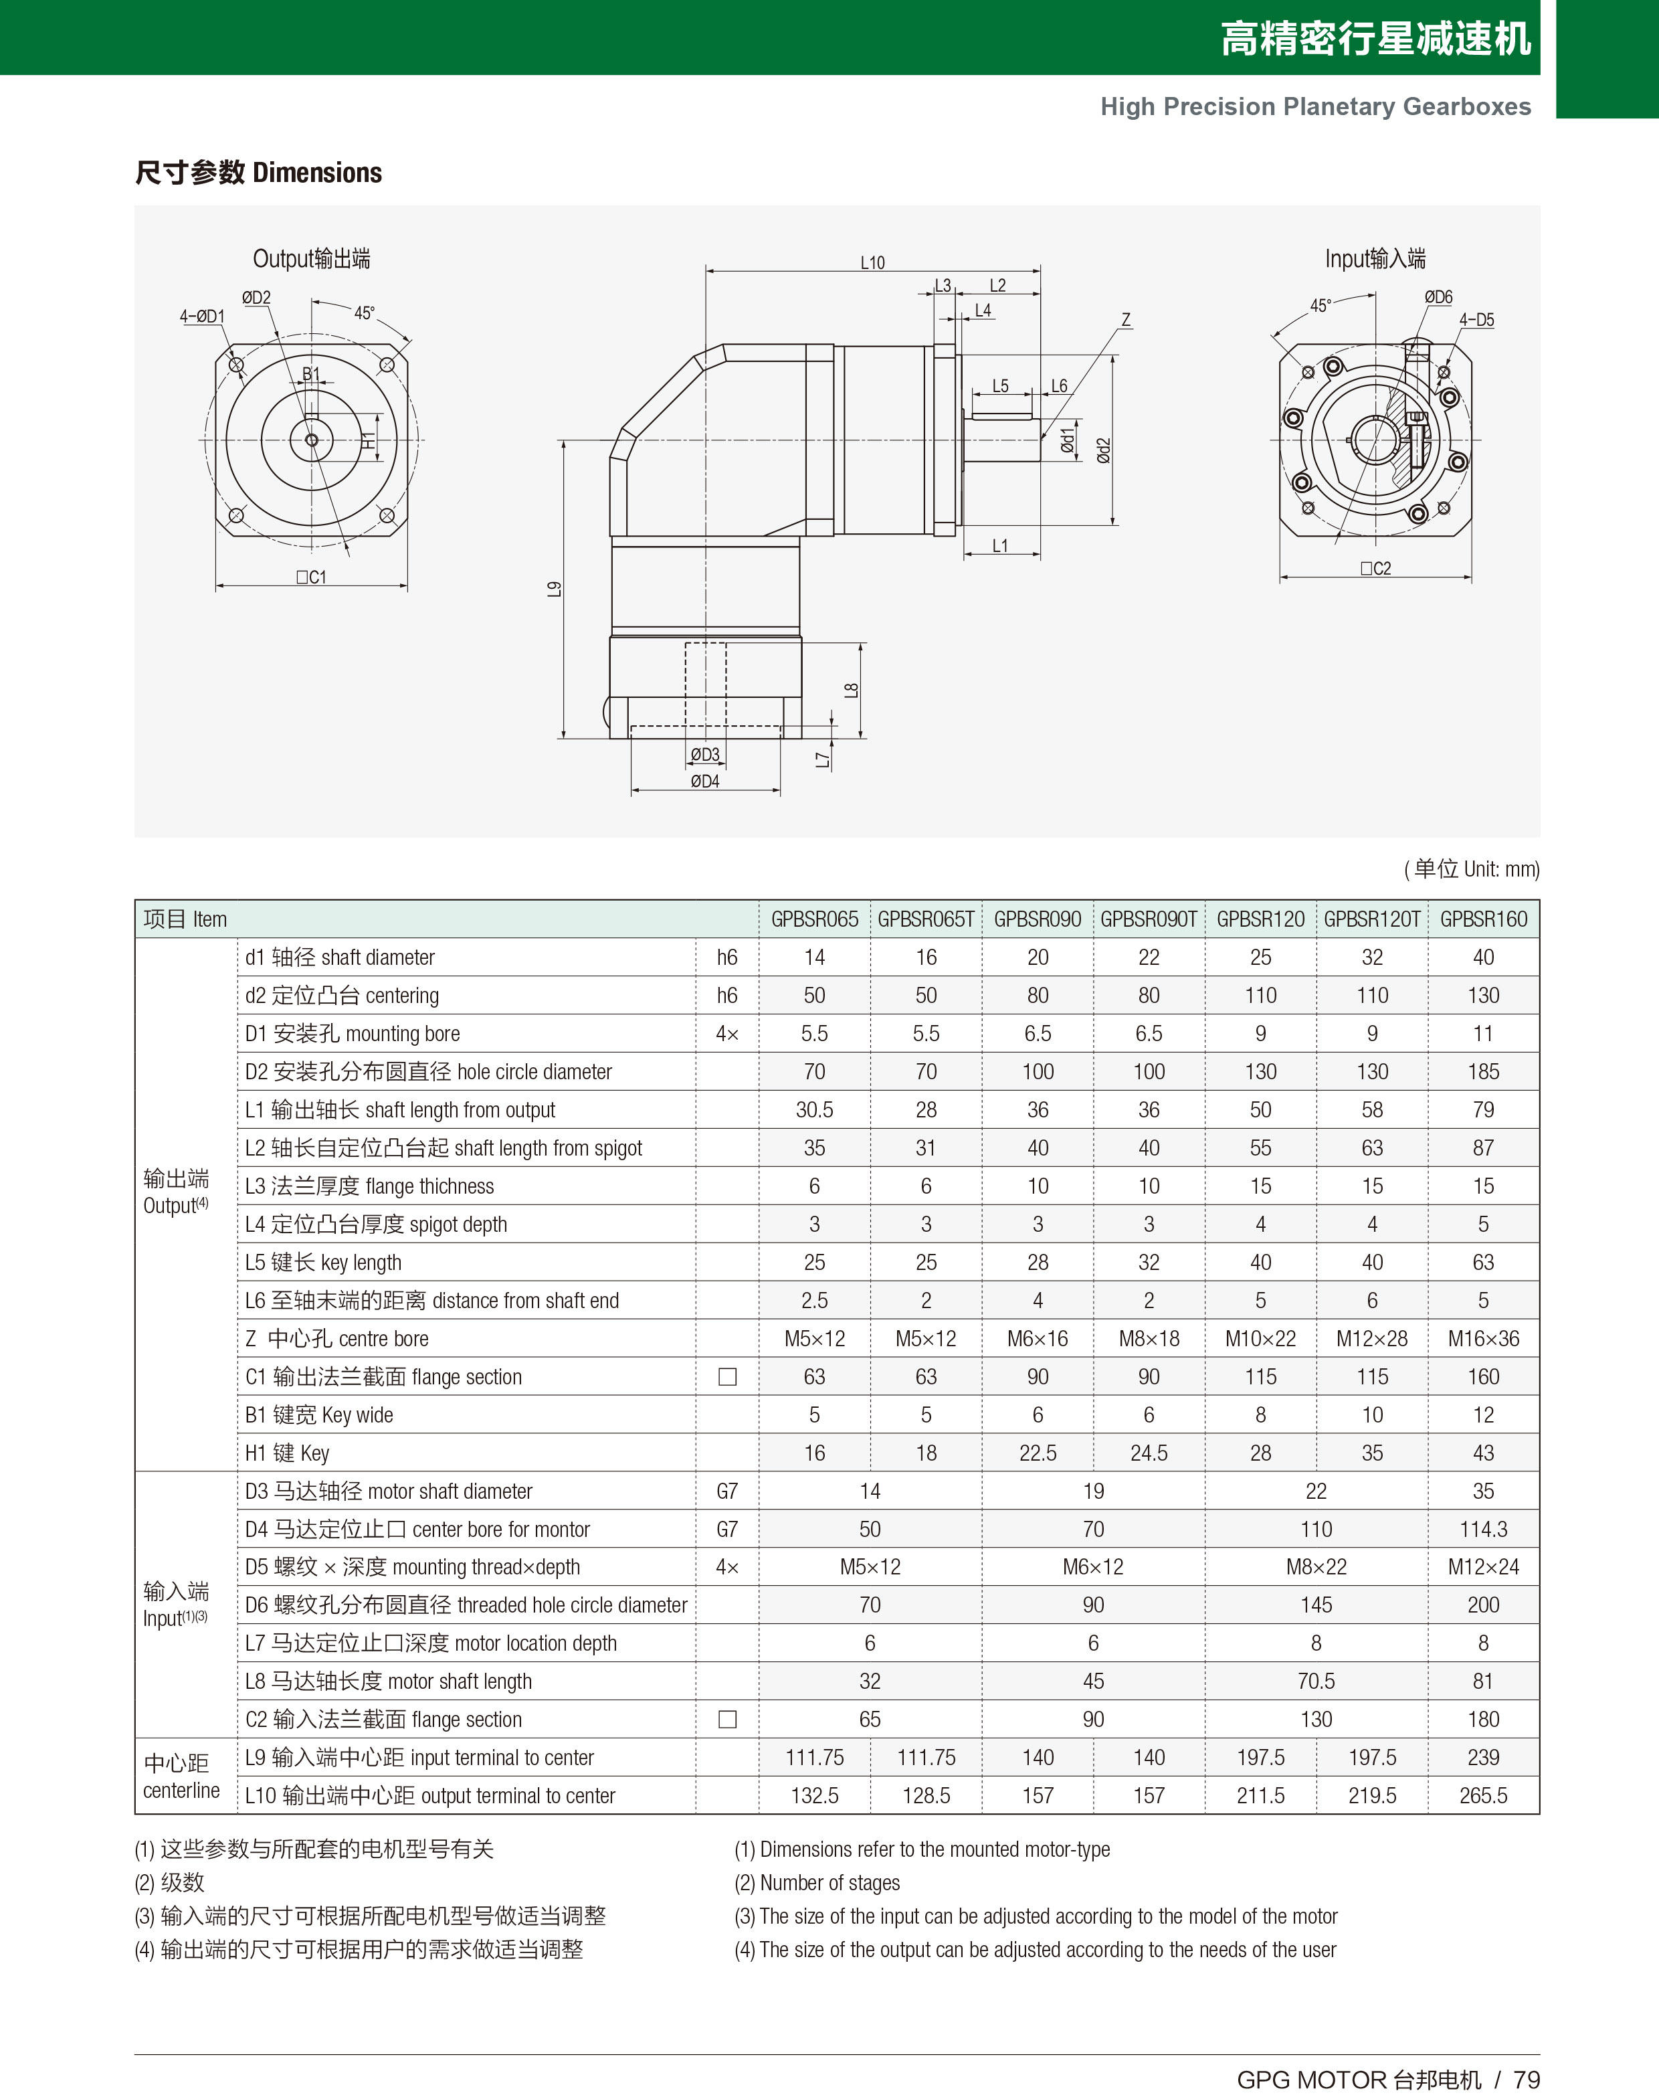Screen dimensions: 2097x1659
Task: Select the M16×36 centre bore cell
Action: pos(1483,1338)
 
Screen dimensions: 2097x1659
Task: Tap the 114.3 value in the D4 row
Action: pos(1483,1529)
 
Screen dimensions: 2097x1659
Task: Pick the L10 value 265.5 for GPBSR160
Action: pos(1483,1795)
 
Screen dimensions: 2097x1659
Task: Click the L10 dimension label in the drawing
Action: pos(872,262)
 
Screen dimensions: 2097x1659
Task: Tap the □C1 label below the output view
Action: pos(311,577)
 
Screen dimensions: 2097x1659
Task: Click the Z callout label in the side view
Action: pos(1126,320)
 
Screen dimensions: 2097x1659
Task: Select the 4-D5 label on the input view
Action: pos(1476,320)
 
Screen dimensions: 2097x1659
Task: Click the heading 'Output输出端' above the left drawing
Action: pos(311,258)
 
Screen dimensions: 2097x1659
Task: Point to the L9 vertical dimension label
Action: pos(554,589)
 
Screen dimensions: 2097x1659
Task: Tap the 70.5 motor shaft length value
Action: pos(1315,1681)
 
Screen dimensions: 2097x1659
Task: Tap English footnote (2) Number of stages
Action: pos(817,1882)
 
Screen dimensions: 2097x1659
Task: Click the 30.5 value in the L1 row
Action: pos(814,1109)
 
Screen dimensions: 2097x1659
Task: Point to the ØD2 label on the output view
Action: pos(256,297)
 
